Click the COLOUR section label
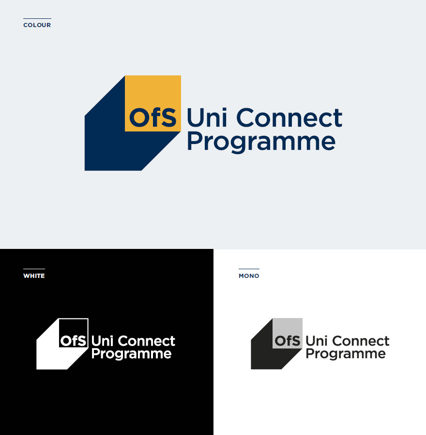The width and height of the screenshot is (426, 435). [37, 25]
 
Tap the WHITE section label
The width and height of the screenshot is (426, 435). [34, 276]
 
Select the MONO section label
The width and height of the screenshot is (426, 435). [249, 276]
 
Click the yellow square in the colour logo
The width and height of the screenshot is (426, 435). [153, 103]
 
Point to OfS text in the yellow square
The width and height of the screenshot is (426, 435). [153, 117]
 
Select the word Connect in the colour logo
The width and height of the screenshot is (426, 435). [289, 117]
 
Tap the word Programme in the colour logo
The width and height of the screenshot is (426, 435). [261, 142]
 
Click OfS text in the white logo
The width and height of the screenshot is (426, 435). [74, 341]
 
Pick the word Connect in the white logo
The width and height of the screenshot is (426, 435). [147, 341]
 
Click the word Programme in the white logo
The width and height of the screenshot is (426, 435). [132, 354]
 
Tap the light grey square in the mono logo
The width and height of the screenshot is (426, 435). [288, 333]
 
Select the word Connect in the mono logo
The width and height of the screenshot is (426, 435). [361, 341]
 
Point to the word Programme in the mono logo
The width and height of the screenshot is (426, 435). [346, 354]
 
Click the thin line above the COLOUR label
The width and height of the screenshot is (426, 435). [37, 18]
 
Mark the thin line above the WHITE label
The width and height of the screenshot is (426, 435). [34, 269]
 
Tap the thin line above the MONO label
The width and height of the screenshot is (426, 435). [249, 269]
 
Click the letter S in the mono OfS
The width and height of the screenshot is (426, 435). [296, 341]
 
